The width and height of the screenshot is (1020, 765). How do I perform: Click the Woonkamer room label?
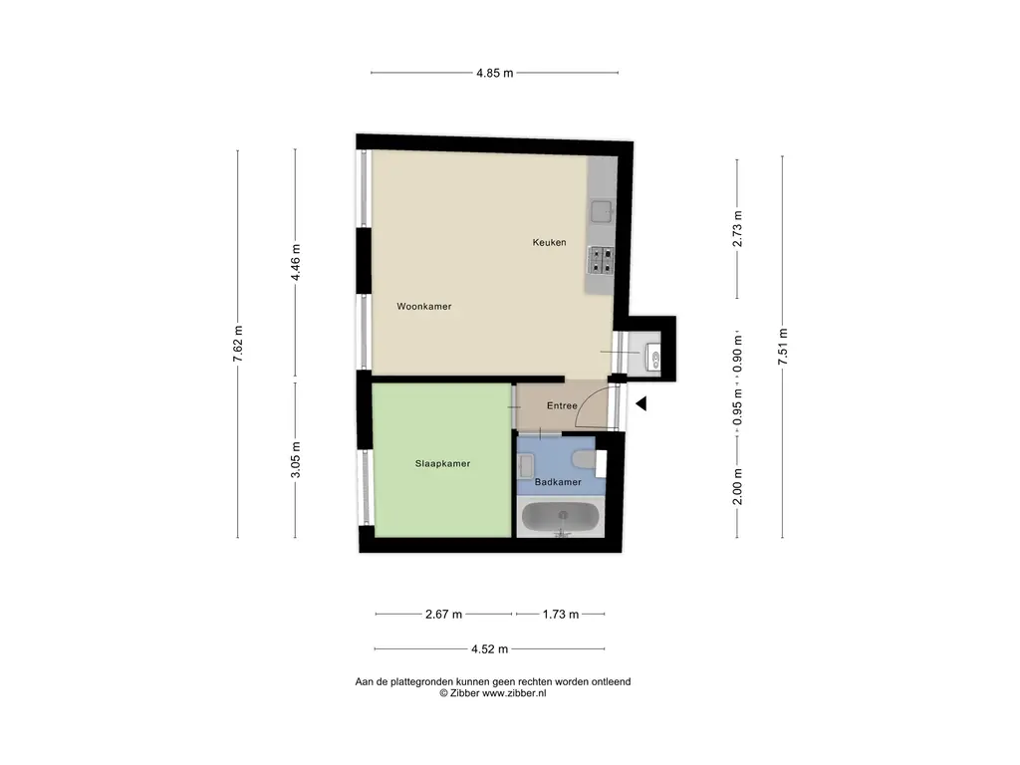click(x=423, y=307)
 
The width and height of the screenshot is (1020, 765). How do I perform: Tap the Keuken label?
click(x=549, y=242)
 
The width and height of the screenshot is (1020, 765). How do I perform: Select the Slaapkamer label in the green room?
click(x=442, y=463)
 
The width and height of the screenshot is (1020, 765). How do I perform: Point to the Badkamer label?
click(x=558, y=482)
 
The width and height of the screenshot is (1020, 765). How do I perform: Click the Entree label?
click(x=563, y=406)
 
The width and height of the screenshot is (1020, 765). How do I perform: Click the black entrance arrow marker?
click(x=642, y=403)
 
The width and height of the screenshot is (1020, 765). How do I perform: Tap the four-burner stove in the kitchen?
click(x=602, y=260)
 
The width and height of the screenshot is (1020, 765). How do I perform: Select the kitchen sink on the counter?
click(x=602, y=211)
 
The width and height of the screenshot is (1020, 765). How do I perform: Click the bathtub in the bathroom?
click(x=562, y=518)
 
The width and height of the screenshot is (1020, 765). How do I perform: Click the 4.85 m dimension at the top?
click(x=493, y=73)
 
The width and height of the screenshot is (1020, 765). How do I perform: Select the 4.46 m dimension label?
click(x=295, y=264)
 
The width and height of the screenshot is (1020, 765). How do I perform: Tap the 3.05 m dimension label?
click(x=295, y=459)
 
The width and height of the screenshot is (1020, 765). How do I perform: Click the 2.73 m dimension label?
click(x=737, y=229)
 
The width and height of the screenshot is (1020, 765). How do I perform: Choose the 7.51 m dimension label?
click(x=783, y=347)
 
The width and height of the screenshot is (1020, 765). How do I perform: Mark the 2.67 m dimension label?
click(x=443, y=615)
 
